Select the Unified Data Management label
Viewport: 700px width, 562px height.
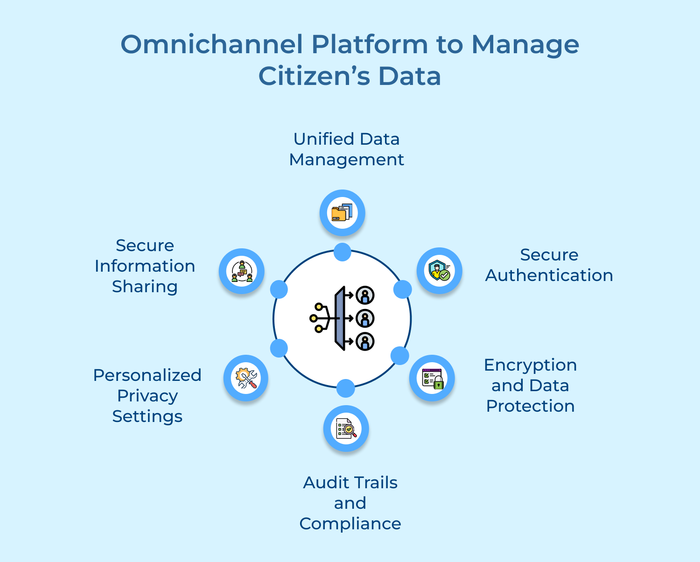pos(346,149)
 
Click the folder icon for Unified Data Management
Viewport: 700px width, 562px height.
pos(342,213)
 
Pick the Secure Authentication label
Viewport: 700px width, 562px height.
pos(549,265)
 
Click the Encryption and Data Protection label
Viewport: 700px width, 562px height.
pos(530,386)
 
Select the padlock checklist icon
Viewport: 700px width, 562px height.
pos(432,379)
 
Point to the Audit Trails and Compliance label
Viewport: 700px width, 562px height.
pos(350,503)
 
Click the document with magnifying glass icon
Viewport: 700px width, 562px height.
pos(346,429)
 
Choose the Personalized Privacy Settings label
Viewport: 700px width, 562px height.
pos(147,395)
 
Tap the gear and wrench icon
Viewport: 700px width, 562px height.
pos(246,378)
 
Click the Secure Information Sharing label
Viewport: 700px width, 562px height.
pos(145,266)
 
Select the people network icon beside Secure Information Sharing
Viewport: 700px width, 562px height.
pos(242,271)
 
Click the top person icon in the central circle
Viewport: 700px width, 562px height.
pos(365,295)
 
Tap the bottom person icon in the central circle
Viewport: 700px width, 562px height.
pos(365,342)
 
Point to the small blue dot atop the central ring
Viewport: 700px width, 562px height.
pos(342,252)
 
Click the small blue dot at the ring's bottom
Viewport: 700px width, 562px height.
pos(345,388)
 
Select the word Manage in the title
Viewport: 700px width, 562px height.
pos(525,45)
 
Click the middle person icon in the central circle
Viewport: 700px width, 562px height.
pos(365,319)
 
